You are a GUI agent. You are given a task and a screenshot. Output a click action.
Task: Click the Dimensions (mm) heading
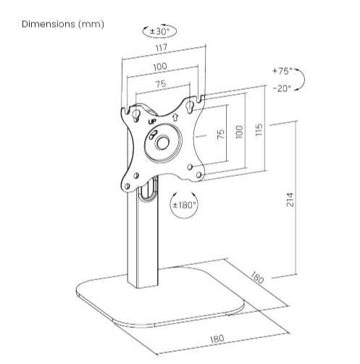coord(63,25)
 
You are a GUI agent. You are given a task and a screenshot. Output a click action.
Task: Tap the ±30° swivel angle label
coord(159,31)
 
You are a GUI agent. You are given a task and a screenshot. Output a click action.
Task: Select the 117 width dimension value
coord(162,48)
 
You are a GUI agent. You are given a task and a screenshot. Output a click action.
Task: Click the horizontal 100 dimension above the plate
coord(160,67)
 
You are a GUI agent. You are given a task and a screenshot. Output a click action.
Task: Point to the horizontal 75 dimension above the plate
coord(161,84)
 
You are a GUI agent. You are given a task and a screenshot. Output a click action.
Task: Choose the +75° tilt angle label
coord(282,71)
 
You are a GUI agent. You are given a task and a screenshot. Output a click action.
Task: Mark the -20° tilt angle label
coord(282,88)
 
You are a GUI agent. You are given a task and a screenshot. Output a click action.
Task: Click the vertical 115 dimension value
coord(259,130)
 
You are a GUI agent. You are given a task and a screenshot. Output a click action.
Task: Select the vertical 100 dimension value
coord(239,132)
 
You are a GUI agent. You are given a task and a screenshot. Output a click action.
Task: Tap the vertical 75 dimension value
coord(221,134)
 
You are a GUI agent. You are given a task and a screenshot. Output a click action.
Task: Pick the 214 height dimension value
coord(290,200)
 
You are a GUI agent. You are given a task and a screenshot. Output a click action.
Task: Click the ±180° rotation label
coord(184,206)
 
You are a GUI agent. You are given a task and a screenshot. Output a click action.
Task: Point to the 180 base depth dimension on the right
coord(257,278)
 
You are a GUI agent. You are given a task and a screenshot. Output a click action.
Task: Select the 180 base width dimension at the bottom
coord(217,339)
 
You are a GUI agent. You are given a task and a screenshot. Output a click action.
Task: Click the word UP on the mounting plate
coord(152,122)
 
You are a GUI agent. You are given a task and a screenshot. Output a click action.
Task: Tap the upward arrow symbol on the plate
coord(175,117)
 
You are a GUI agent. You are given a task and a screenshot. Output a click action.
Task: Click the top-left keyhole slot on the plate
coord(137,114)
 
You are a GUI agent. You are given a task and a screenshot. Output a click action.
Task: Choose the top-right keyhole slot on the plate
coord(189,106)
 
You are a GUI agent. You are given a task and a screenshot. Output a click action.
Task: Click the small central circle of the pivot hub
coord(162,143)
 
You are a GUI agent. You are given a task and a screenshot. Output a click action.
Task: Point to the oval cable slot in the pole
coord(148,189)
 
